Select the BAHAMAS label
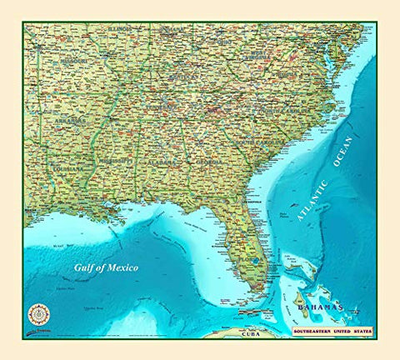click(319, 307)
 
